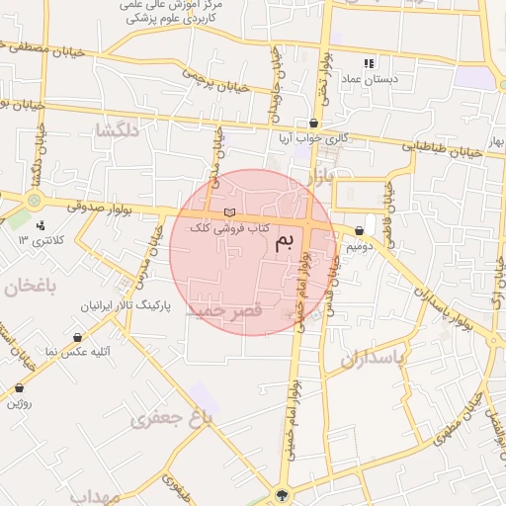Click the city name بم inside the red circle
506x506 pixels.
click(285, 239)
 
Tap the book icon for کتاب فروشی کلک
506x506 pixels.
click(229, 212)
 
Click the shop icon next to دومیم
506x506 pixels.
click(359, 230)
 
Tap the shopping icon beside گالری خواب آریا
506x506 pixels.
click(314, 124)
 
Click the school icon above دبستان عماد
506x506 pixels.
click(370, 61)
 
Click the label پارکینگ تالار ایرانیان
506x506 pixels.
click(126, 306)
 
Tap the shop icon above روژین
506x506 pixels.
click(21, 388)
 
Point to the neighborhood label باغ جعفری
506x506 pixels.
click(171, 420)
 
